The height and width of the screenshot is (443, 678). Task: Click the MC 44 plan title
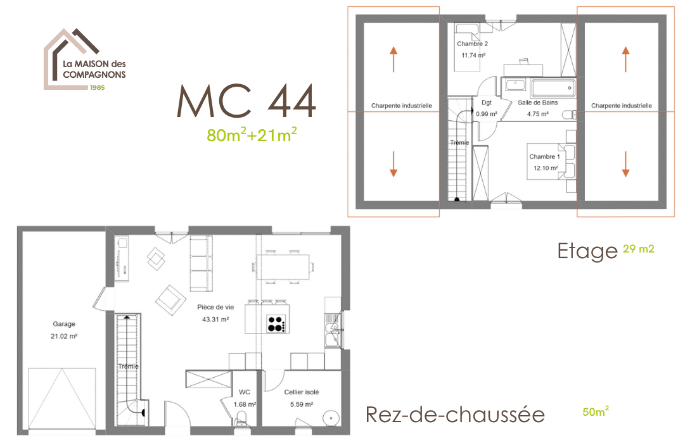pos(246,101)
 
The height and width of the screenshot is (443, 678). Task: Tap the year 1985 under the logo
pos(98,87)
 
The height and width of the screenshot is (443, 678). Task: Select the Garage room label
pos(64,324)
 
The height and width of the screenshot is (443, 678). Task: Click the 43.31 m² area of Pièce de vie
pos(215,320)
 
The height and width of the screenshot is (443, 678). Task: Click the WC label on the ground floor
pos(245,392)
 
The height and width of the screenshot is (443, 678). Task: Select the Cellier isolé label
pos(302,392)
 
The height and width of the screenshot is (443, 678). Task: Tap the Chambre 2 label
pos(472,44)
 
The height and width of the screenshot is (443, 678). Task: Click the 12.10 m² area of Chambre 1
pos(546,168)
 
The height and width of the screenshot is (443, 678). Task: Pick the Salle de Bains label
pos(538,103)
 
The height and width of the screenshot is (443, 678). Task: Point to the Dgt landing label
pos(487,103)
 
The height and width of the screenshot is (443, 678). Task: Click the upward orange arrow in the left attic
pos(393,59)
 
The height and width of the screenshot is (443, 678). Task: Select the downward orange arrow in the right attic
pos(625,164)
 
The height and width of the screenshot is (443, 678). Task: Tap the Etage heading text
pos(587,251)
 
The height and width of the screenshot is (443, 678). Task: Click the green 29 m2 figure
pos(639,249)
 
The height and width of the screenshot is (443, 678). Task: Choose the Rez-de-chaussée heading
pos(455,415)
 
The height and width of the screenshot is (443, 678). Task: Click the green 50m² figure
pos(596,411)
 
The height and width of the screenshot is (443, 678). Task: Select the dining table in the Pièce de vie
pos(283,267)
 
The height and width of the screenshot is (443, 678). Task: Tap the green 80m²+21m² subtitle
pos(252,135)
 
